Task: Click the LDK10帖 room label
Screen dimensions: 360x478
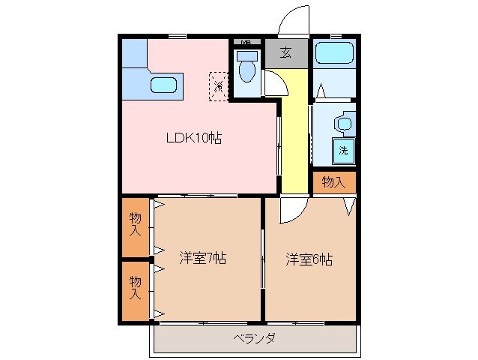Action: coord(193,138)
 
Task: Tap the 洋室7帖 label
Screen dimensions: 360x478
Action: coord(202,259)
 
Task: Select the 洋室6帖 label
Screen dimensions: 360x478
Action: coord(309,259)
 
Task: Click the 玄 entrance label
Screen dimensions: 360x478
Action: coord(286,52)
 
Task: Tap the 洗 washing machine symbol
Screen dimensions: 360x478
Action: coord(344,149)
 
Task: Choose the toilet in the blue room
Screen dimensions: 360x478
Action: coord(246,68)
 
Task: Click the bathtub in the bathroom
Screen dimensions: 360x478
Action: coord(333,54)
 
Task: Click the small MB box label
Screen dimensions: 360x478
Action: coord(245,41)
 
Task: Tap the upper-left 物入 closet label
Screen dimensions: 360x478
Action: coord(136,224)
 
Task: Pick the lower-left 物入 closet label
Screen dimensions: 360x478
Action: coord(136,288)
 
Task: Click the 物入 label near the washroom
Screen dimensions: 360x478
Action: coord(333,182)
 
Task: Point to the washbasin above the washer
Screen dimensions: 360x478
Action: coord(344,122)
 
